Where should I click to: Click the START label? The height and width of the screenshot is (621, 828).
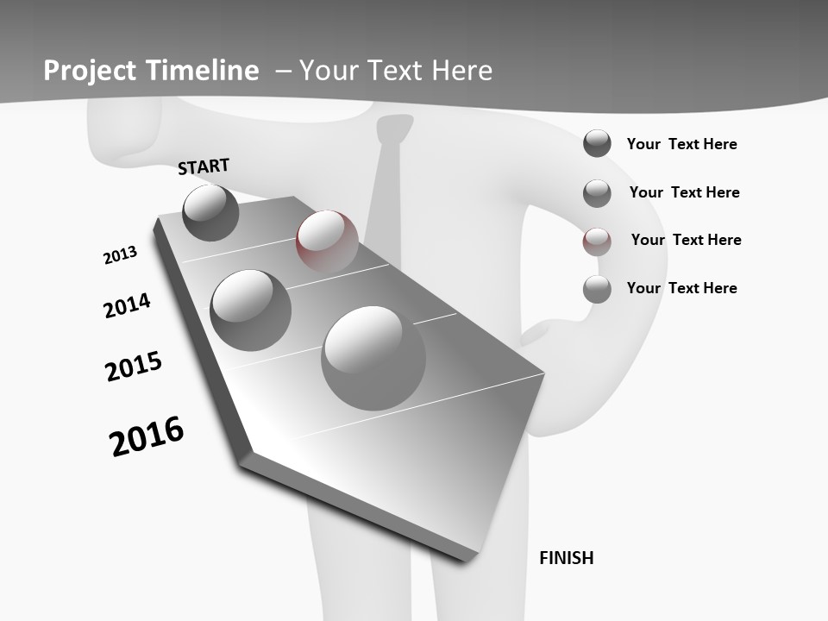(x=204, y=166)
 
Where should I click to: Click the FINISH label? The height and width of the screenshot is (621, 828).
(x=567, y=558)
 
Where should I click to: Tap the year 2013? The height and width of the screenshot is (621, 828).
(x=120, y=255)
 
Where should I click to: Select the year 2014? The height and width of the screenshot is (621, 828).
(x=127, y=305)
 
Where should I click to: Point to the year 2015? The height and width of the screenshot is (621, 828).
(x=134, y=367)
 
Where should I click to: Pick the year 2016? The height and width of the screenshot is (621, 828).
(x=147, y=436)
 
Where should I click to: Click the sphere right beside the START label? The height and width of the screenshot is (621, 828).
(x=211, y=212)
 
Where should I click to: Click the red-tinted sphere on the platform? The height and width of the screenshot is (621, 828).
(x=327, y=241)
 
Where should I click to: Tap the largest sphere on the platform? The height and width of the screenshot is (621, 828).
(x=373, y=358)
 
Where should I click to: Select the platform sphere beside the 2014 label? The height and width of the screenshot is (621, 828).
(x=251, y=310)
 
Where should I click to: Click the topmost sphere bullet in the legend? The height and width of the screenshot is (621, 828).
(x=597, y=143)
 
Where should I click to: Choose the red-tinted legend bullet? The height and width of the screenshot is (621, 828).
(x=597, y=241)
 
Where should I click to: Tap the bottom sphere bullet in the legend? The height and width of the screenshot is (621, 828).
(x=597, y=289)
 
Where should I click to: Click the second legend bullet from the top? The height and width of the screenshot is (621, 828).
(x=597, y=193)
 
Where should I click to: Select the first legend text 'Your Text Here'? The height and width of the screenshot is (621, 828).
(x=681, y=144)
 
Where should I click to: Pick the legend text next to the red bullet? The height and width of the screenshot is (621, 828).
(x=686, y=240)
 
